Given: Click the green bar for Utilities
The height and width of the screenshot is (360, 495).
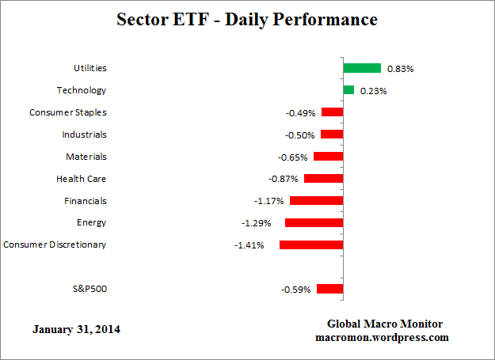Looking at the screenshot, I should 362,68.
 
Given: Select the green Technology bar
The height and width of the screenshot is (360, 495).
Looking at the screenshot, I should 348,90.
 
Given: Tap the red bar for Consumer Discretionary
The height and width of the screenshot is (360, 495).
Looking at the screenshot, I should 311,245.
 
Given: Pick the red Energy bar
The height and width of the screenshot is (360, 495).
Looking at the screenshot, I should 314,223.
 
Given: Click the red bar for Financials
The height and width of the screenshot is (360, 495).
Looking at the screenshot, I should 316,201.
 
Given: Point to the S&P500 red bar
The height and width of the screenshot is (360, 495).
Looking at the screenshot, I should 329,289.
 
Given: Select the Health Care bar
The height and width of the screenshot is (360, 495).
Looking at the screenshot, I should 323,179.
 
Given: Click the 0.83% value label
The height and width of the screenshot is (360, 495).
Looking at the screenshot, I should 400,69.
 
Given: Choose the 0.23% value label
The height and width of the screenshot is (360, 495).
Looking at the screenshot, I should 373,91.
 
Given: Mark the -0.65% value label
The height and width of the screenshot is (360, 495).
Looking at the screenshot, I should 292,157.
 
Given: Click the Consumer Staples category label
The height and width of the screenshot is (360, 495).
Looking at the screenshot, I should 67,112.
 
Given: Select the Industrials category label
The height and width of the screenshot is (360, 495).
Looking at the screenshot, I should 84,135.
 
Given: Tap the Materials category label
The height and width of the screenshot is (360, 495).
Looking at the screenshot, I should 86,157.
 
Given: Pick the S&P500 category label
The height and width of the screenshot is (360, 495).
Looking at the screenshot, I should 88,289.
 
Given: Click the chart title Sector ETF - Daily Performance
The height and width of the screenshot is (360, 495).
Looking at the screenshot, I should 247,18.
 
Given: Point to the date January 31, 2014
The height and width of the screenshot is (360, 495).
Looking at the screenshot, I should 77,329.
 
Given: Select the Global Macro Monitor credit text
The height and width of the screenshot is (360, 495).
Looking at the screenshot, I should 384,324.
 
